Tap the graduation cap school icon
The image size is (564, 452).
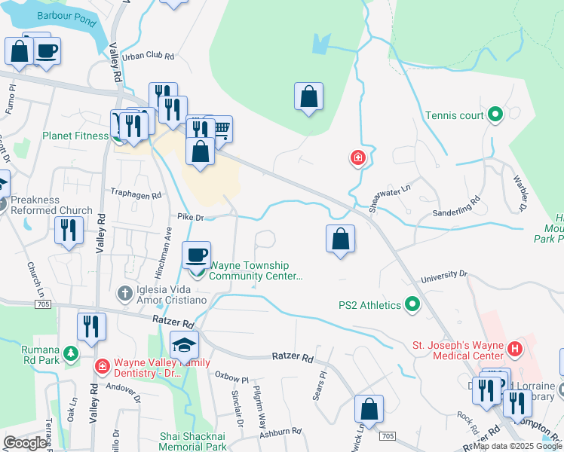click(185, 345)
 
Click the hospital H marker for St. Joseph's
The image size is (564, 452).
click(515, 349)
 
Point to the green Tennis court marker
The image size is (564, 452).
click(495, 115)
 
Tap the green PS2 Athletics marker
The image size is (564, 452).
click(412, 305)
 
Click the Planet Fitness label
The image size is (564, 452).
click(75, 136)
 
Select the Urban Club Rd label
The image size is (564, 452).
click(149, 56)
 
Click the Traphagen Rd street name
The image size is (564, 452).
click(136, 194)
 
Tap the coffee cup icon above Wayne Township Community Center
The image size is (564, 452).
click(197, 255)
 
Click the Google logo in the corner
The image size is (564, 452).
click(25, 443)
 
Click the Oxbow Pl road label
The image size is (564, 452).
click(231, 374)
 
